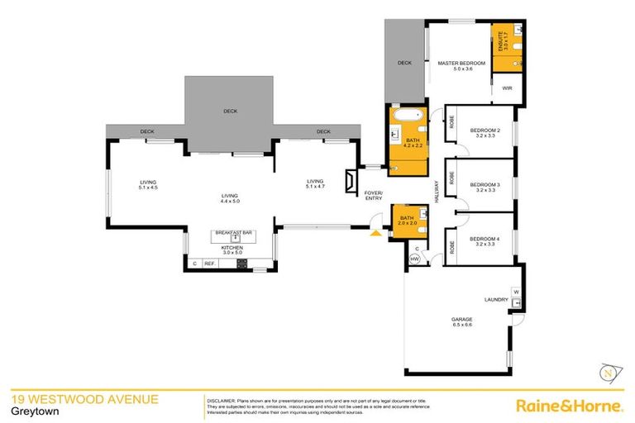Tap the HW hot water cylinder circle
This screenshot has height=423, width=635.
point(415,259)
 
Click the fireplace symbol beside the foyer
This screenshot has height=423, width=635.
point(352,179)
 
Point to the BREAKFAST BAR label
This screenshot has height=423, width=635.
point(233,233)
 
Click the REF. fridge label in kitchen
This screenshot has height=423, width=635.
point(209,264)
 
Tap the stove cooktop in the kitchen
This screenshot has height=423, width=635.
point(243,264)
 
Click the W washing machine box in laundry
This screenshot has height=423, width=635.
point(516,292)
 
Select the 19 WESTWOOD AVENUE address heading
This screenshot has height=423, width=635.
point(84,400)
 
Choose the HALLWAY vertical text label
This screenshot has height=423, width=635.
point(434,192)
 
